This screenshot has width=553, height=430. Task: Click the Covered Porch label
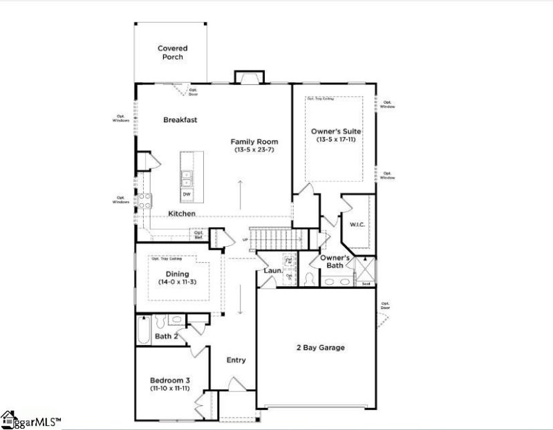[x=171, y=53]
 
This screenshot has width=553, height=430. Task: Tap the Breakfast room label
[x=180, y=120]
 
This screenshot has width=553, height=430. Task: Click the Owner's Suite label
[x=337, y=131]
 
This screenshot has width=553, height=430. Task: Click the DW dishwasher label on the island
[x=187, y=194]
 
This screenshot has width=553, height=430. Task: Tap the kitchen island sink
[x=187, y=179]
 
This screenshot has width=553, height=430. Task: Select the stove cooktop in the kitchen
[x=146, y=201]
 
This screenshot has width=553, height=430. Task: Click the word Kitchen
[x=181, y=214]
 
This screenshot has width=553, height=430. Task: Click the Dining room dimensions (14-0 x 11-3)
[x=175, y=282]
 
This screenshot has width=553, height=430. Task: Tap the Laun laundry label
[x=271, y=270]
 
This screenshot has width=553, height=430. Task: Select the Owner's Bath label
[x=336, y=261]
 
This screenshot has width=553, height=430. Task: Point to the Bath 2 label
[x=167, y=337]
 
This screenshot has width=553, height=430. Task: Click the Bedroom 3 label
[x=170, y=380]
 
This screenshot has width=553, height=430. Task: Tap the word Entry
[x=236, y=360]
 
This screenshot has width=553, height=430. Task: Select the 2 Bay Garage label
[x=319, y=348]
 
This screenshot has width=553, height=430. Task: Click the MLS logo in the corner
[x=31, y=419]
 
